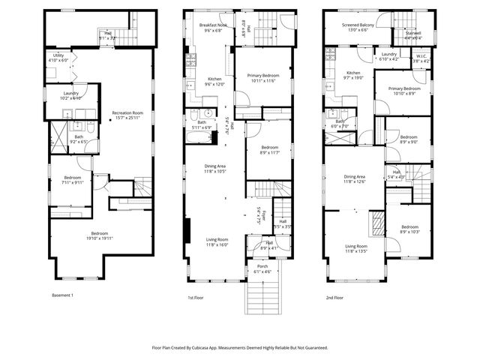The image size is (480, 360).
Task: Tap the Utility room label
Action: point(58,58)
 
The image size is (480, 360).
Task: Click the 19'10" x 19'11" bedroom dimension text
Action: point(100,238)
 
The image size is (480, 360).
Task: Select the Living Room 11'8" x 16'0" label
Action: point(217,242)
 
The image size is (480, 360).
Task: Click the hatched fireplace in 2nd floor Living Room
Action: point(379,223)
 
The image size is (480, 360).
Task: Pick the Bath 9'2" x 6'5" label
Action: point(79,139)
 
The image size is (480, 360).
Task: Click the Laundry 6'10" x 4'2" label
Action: point(388,57)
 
